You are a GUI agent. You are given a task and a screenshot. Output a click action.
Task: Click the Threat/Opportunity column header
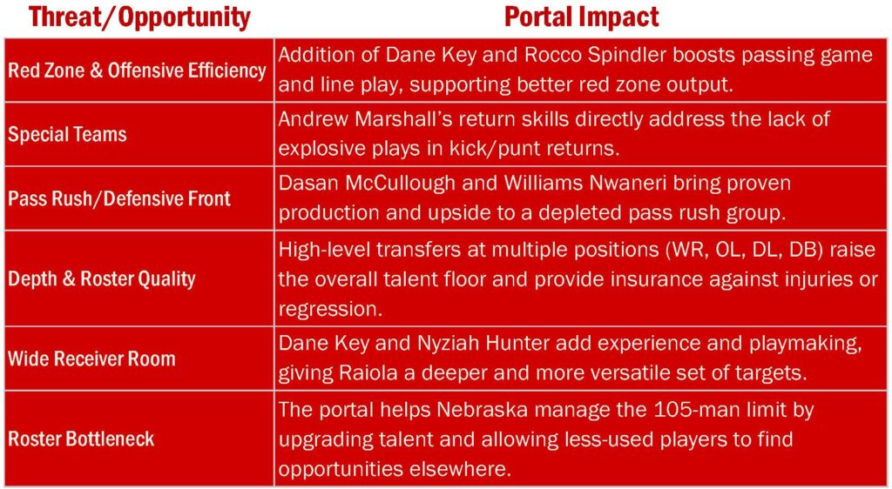pyautogui.click(x=139, y=17)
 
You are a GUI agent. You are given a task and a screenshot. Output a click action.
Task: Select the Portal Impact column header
pyautogui.click(x=581, y=17)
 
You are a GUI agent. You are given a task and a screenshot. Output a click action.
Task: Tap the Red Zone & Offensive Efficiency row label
pyautogui.click(x=137, y=70)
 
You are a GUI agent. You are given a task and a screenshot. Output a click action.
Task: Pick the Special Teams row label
pyautogui.click(x=67, y=135)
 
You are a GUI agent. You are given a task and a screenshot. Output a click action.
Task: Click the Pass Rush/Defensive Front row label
pyautogui.click(x=119, y=198)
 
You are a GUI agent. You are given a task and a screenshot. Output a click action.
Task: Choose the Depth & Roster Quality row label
pyautogui.click(x=102, y=278)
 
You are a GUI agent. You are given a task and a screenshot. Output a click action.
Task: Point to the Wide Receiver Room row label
pyautogui.click(x=91, y=359)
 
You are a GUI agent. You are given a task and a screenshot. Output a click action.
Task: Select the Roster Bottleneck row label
pyautogui.click(x=81, y=439)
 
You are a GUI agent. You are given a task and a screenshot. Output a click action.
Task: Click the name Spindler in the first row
pyautogui.click(x=634, y=55)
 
